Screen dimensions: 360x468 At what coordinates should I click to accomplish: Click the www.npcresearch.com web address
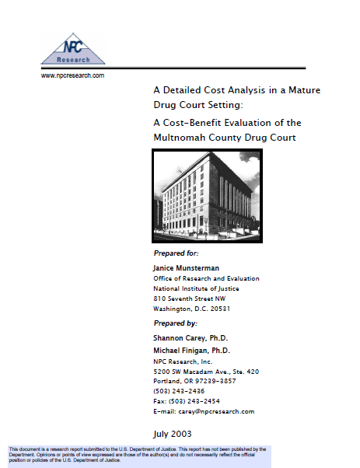click(x=72, y=75)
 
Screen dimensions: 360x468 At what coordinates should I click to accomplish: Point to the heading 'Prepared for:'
click(x=177, y=253)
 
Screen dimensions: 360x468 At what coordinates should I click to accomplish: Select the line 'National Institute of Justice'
click(x=198, y=288)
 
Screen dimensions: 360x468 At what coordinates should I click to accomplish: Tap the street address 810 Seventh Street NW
click(x=195, y=299)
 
